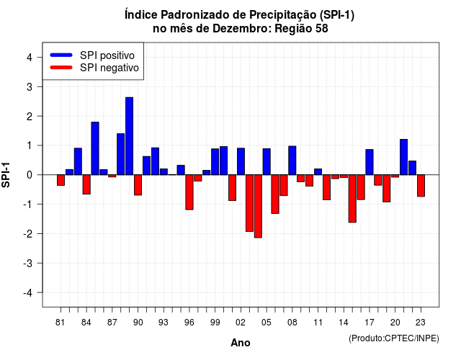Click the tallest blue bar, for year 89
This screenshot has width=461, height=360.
129,136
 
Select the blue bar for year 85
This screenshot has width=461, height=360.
95,148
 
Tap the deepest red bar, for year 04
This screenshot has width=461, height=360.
258,206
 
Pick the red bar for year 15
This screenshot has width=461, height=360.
352,199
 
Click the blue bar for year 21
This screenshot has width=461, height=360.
404,157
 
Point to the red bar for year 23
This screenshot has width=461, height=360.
421,186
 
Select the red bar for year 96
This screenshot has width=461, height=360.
189,192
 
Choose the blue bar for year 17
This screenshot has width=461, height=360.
370,162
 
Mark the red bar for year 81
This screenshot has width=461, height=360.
61,180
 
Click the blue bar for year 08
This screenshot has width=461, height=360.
292,161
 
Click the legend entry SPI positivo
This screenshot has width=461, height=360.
107,55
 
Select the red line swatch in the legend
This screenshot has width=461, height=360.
61,68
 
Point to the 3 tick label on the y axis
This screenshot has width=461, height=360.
29,87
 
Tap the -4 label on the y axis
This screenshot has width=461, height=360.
28,293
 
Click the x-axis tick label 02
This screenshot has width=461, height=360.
241,323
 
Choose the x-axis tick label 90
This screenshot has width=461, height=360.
138,323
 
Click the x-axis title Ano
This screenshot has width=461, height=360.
241,343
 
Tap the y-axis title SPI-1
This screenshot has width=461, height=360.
6,175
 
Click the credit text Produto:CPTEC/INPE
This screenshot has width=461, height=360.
394,338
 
